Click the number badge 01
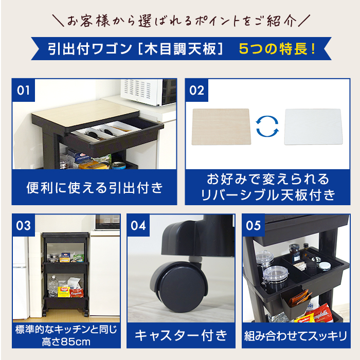pyautogui.click(x=24, y=91)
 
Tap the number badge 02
pyautogui.click(x=196, y=91)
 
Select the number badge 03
pyautogui.click(x=24, y=226)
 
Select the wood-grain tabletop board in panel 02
pyautogui.click(x=221, y=126)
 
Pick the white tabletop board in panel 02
pyautogui.click(x=313, y=127)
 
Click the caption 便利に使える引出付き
pyautogui.click(x=95, y=188)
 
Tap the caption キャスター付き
pyautogui.click(x=181, y=336)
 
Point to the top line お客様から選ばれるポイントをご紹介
pyautogui.click(x=180, y=22)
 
